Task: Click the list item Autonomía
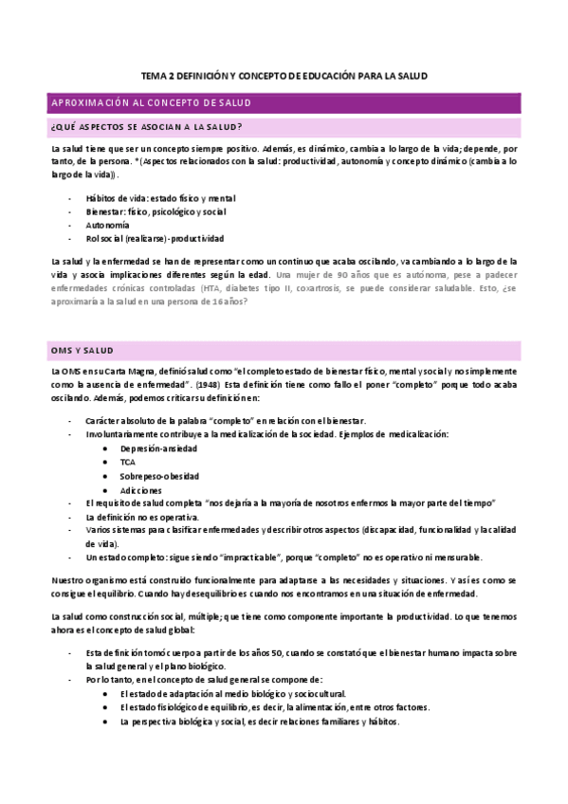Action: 107,226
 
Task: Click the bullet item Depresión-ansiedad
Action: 156,448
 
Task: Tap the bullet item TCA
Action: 128,462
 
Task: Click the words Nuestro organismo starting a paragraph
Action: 89,578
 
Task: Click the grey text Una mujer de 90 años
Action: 327,275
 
